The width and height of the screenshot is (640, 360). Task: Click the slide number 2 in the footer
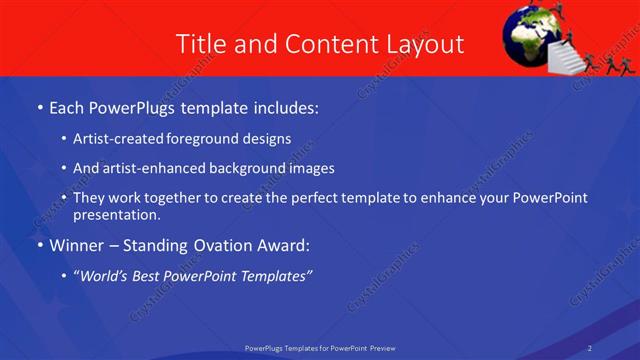coord(590,348)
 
